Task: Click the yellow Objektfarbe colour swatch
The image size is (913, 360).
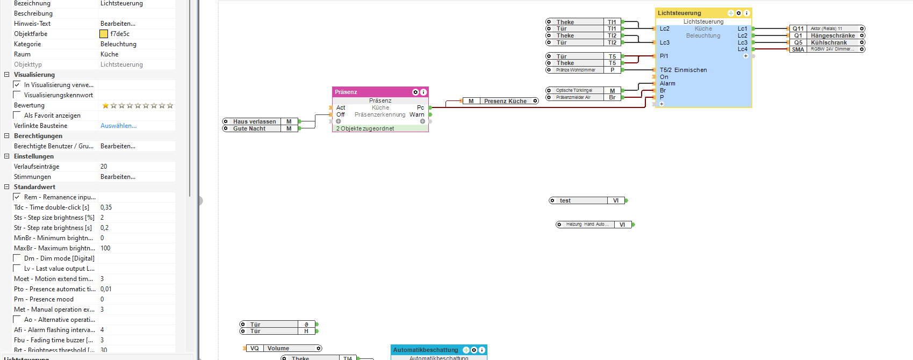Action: pyautogui.click(x=104, y=34)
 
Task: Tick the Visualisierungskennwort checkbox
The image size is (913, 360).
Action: pyautogui.click(x=17, y=95)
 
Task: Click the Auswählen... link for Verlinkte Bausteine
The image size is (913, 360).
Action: pyautogui.click(x=118, y=126)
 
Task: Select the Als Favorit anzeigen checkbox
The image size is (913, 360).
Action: pyautogui.click(x=17, y=116)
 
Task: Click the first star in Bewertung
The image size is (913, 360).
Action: pyautogui.click(x=105, y=106)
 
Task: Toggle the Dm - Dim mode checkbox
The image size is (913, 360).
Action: pyautogui.click(x=17, y=258)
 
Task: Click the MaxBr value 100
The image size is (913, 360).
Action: pyautogui.click(x=105, y=248)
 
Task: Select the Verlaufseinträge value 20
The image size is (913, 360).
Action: pyautogui.click(x=104, y=167)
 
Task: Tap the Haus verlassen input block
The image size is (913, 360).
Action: pyautogui.click(x=255, y=121)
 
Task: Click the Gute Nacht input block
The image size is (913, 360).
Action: pyautogui.click(x=249, y=128)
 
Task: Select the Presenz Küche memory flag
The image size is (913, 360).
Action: pyautogui.click(x=505, y=101)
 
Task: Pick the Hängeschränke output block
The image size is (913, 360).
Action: pyautogui.click(x=832, y=35)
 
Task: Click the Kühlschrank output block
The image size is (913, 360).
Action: pyautogui.click(x=829, y=42)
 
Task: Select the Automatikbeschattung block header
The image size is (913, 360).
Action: pyautogui.click(x=426, y=350)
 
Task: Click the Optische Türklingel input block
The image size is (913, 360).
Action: pyautogui.click(x=574, y=90)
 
